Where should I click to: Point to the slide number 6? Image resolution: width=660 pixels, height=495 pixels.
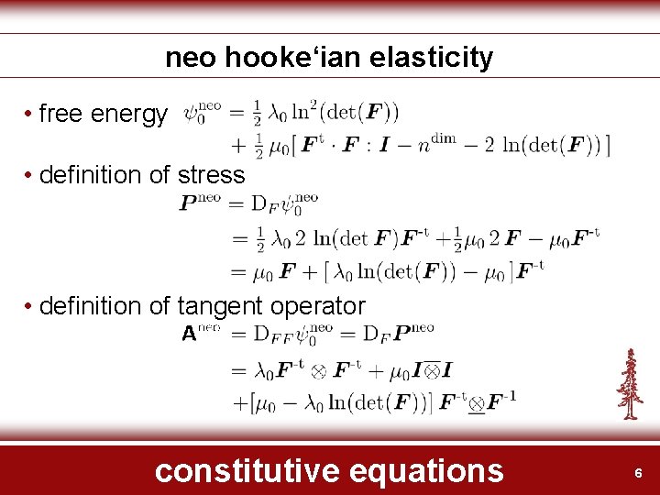point(639,473)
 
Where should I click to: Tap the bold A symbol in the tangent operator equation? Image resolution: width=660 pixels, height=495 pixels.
point(189,335)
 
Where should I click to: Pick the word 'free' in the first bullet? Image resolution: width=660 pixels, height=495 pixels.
point(60,115)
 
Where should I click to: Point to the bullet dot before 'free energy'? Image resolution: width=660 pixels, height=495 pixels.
point(30,115)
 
